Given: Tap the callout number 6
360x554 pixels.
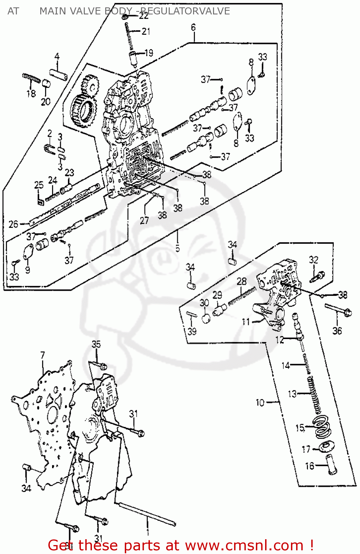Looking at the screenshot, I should coord(193,27).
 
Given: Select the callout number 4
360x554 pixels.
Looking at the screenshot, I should coord(57,57).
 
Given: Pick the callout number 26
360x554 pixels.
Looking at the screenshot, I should coord(13,224).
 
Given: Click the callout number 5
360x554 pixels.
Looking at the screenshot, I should coord(178,248).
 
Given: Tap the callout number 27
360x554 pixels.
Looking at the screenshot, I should coord(144,220).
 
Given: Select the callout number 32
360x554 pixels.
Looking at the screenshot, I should coord(313,260).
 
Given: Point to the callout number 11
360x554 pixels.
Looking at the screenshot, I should coord(246,322).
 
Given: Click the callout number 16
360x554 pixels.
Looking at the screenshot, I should coord(309,466).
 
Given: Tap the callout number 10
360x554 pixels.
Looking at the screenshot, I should coord(260,402).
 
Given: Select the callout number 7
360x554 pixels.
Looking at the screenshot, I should coord(42,355).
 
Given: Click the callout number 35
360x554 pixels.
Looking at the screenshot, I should coord(96,344).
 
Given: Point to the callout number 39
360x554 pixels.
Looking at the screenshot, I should coord(192,331).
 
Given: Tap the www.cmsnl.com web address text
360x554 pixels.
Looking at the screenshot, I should coord(244,545).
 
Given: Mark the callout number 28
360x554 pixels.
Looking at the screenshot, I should coord(241,281).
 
